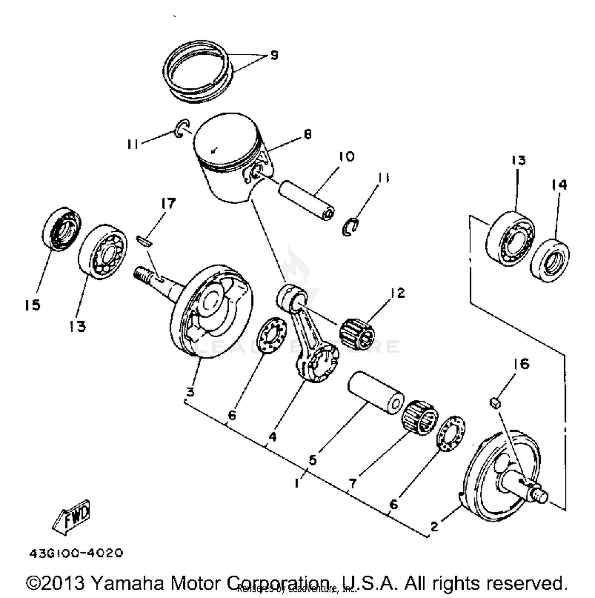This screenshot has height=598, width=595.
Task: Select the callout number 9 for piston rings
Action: coord(274,55)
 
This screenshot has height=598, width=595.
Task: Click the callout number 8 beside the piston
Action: coord(308,134)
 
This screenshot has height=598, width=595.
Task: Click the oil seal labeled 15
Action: coord(61,229)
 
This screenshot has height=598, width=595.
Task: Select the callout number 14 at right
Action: coord(559,185)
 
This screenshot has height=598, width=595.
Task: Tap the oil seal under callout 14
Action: coord(550,260)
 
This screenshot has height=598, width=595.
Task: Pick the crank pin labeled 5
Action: coord(376,392)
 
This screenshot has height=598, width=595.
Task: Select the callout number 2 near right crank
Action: coord(434,526)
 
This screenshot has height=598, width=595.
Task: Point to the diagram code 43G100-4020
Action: coord(76,553)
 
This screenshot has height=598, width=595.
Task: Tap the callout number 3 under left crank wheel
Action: coord(190,392)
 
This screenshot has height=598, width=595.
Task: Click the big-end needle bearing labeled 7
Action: coord(420,417)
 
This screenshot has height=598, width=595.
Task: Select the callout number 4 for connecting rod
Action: coord(272,437)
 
